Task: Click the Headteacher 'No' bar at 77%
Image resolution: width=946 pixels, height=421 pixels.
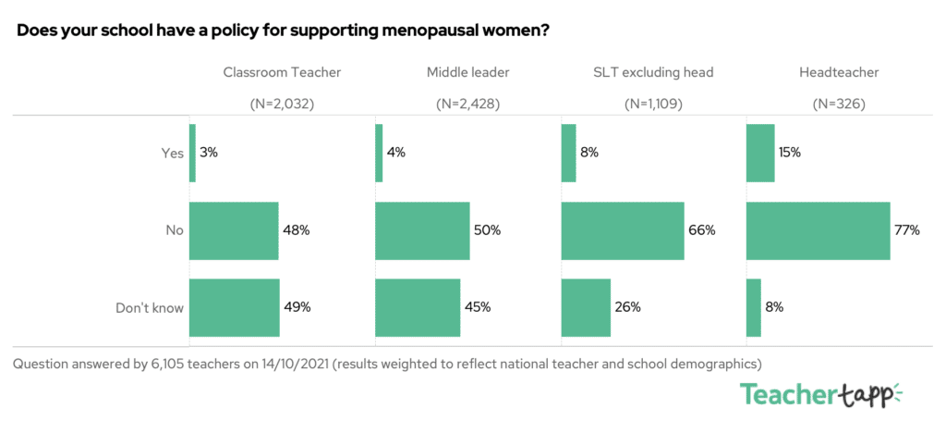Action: tap(818, 230)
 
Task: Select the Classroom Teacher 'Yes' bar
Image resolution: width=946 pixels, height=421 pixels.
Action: tap(192, 153)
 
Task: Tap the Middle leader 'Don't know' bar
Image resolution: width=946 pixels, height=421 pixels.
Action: tap(418, 307)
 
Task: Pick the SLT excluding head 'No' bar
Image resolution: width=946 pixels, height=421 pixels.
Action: tap(623, 230)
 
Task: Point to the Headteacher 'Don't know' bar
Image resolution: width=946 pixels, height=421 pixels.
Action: tap(753, 307)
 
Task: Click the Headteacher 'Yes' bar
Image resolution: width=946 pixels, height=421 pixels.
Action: tap(759, 153)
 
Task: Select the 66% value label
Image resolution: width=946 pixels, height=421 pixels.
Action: tap(702, 230)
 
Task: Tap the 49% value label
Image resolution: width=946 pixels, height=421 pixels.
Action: tap(297, 307)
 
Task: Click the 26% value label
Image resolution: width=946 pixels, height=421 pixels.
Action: tap(628, 307)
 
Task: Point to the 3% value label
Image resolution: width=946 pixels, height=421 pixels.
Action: tap(210, 153)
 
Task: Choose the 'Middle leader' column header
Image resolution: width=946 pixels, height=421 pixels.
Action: tap(467, 72)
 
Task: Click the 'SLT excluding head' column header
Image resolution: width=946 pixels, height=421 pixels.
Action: tap(653, 72)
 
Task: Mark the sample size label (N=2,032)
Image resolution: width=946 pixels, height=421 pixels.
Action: tap(283, 104)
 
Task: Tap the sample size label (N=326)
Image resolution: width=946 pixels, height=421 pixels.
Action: tap(838, 104)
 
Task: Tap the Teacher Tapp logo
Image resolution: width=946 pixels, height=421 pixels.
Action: tap(818, 393)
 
